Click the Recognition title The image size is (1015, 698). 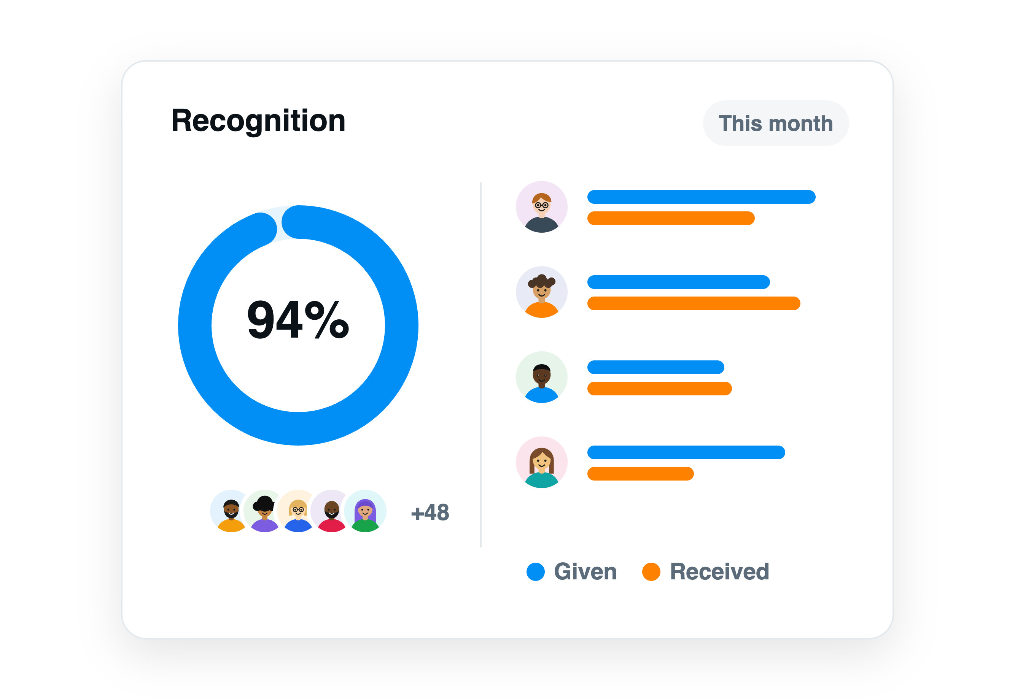[x=258, y=121]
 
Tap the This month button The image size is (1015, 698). [x=776, y=123]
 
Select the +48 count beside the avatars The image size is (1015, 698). [x=430, y=512]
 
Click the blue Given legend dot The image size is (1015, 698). [x=535, y=572]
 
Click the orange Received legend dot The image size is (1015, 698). [x=651, y=572]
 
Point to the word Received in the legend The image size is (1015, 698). [x=719, y=572]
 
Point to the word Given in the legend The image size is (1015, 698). [x=585, y=572]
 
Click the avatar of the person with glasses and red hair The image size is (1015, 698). [x=541, y=207]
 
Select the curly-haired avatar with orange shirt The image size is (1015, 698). [x=541, y=292]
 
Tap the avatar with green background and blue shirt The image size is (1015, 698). [x=541, y=377]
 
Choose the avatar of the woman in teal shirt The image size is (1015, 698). [x=541, y=462]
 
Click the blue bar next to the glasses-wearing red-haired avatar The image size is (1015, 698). [x=701, y=197]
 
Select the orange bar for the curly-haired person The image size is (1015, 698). [x=694, y=303]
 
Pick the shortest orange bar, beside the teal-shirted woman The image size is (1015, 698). [x=640, y=474]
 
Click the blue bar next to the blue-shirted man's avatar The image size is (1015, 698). [x=655, y=367]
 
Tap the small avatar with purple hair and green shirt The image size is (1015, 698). [x=365, y=511]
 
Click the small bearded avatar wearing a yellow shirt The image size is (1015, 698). [x=231, y=511]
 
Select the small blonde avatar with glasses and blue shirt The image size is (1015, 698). [x=298, y=511]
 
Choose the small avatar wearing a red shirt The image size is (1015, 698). [x=331, y=511]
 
